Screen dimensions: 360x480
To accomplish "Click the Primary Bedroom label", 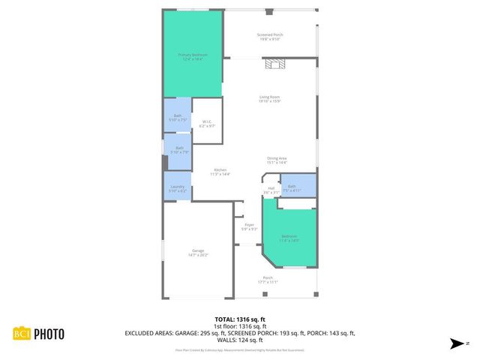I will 193,57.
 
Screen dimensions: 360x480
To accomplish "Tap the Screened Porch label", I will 270,37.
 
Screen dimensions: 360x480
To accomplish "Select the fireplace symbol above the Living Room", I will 274,65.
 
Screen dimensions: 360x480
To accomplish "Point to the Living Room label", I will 270,99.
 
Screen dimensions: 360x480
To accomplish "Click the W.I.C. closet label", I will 207,124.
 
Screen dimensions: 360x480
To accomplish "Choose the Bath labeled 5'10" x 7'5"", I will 178,116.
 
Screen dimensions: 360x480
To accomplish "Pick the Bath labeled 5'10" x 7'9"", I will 179,150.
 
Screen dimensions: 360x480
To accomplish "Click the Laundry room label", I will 178,188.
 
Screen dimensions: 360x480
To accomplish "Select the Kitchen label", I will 220,172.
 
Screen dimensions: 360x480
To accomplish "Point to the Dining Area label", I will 277,160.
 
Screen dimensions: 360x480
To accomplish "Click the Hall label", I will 271,190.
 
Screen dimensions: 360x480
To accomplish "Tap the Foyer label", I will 249,226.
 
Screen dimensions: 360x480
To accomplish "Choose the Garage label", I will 198,253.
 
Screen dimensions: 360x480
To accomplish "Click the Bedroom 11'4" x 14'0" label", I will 289,238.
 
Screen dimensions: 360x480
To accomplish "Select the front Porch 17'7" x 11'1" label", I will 268,280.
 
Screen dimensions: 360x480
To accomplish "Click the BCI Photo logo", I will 38,334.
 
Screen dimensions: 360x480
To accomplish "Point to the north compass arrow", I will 456,344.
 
